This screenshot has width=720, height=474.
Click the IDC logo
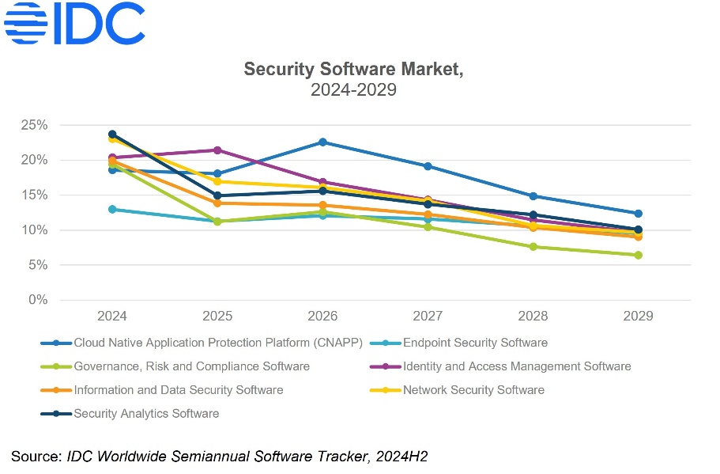pyautogui.click(x=74, y=23)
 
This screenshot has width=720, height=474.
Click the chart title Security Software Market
pyautogui.click(x=352, y=69)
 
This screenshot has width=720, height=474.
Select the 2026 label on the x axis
pyautogui.click(x=322, y=317)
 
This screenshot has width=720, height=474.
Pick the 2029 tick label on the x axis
pyautogui.click(x=638, y=317)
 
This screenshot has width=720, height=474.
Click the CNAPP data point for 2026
pyautogui.click(x=322, y=142)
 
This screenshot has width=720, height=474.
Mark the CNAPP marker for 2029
pyautogui.click(x=638, y=214)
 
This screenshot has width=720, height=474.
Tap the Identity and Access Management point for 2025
pyautogui.click(x=217, y=150)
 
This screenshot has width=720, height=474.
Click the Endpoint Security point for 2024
pyautogui.click(x=112, y=210)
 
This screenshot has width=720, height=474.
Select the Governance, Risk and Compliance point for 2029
pyautogui.click(x=638, y=255)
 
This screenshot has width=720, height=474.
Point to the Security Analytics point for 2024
pyautogui.click(x=112, y=135)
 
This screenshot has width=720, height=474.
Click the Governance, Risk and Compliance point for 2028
pyautogui.click(x=533, y=247)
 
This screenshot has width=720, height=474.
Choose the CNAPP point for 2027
pyautogui.click(x=428, y=166)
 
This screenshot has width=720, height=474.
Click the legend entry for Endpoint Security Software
pyautogui.click(x=475, y=343)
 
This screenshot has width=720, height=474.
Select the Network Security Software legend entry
pyautogui.click(x=473, y=389)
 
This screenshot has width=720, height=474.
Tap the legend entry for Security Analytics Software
pyautogui.click(x=146, y=413)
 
